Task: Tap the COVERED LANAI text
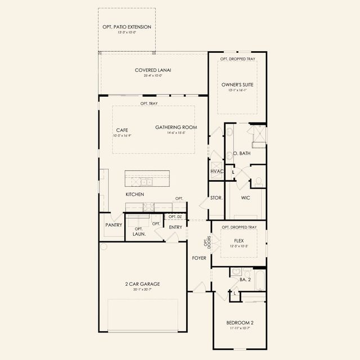(x=152, y=70)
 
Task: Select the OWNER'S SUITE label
(x=237, y=84)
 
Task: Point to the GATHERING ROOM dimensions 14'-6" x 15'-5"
(x=176, y=133)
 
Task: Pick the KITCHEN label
(x=134, y=195)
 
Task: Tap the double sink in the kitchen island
(x=145, y=182)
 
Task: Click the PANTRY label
(x=114, y=224)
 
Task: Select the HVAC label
(x=217, y=171)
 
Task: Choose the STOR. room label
(x=217, y=198)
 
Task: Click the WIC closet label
(x=245, y=198)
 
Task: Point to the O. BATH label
(x=242, y=153)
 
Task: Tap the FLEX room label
(x=238, y=240)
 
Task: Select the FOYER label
(x=199, y=258)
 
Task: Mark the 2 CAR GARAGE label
(x=143, y=284)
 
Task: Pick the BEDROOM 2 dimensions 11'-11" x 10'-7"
(x=240, y=328)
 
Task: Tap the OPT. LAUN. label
(x=139, y=231)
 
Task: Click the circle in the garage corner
(x=103, y=246)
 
